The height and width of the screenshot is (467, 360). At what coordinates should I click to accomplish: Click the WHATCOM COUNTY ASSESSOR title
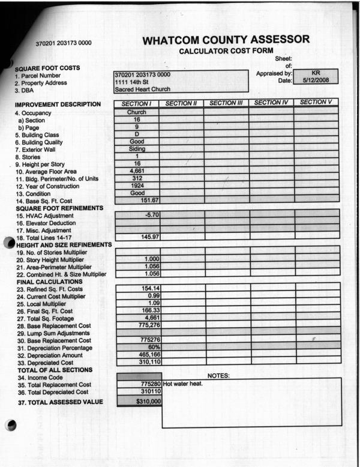pyautogui.click(x=227, y=40)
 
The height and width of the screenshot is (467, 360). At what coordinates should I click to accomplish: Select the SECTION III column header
pyautogui.click(x=226, y=103)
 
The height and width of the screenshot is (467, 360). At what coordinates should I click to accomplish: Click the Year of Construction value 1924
pyautogui.click(x=137, y=185)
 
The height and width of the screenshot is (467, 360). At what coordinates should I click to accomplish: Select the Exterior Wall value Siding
pyautogui.click(x=137, y=149)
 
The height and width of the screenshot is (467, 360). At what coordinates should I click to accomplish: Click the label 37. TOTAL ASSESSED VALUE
pyautogui.click(x=59, y=402)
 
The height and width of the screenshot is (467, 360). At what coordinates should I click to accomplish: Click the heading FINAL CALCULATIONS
pyautogui.click(x=49, y=282)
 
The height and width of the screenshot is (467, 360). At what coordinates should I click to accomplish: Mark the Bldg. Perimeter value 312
pyautogui.click(x=137, y=178)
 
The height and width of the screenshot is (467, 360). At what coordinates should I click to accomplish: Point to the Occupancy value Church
pyautogui.click(x=137, y=112)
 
